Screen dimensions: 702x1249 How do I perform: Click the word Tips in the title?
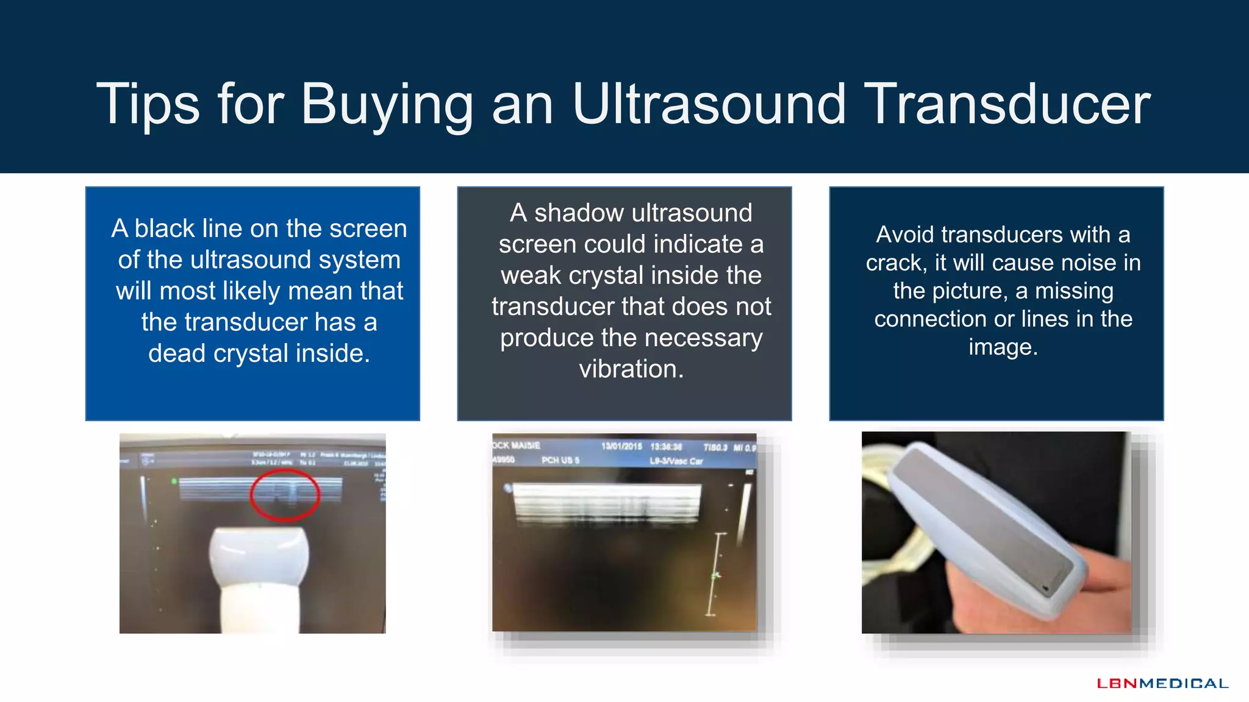click(148, 105)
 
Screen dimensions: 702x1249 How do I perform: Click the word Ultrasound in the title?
click(709, 105)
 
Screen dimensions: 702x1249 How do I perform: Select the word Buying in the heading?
click(387, 105)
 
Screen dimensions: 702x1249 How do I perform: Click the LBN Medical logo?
click(1162, 684)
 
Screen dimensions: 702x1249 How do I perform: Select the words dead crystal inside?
click(259, 353)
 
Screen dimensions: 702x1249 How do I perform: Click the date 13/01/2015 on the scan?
click(621, 447)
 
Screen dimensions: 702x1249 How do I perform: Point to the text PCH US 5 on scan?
click(560, 461)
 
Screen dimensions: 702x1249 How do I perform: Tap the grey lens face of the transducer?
click(982, 518)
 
